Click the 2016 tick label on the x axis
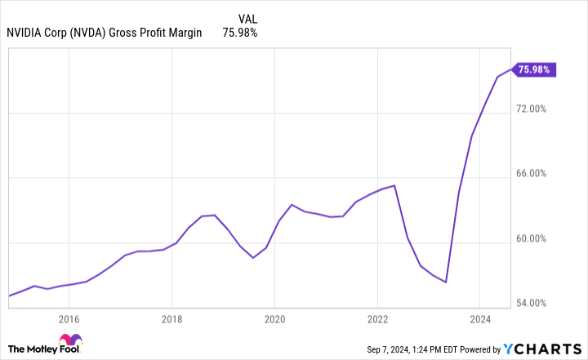(x=69, y=319)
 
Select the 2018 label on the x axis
(x=171, y=319)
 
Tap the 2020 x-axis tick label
(x=274, y=319)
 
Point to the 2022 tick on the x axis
(x=377, y=319)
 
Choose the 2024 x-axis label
(x=480, y=319)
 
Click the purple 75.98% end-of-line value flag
(x=535, y=69)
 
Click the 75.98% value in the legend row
(x=240, y=33)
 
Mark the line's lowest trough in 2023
(x=446, y=282)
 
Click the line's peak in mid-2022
(x=394, y=185)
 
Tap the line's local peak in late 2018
(x=214, y=215)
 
